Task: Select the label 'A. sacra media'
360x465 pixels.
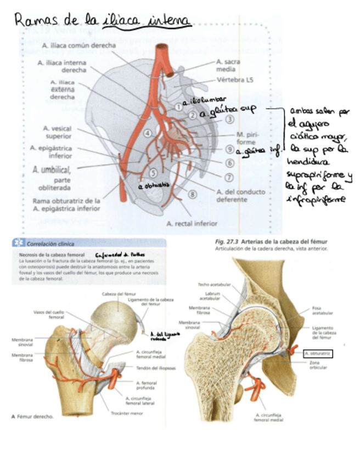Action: (x=228, y=66)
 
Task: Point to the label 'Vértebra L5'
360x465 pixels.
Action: (x=235, y=80)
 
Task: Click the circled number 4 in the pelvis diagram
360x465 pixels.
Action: (x=148, y=133)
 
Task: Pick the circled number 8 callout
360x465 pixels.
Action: (x=192, y=193)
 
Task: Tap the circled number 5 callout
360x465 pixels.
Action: (x=153, y=173)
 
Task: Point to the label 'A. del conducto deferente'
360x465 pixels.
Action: (x=241, y=196)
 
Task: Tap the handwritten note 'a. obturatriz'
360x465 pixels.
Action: (x=154, y=186)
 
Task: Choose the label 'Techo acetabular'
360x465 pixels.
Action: (x=211, y=285)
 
